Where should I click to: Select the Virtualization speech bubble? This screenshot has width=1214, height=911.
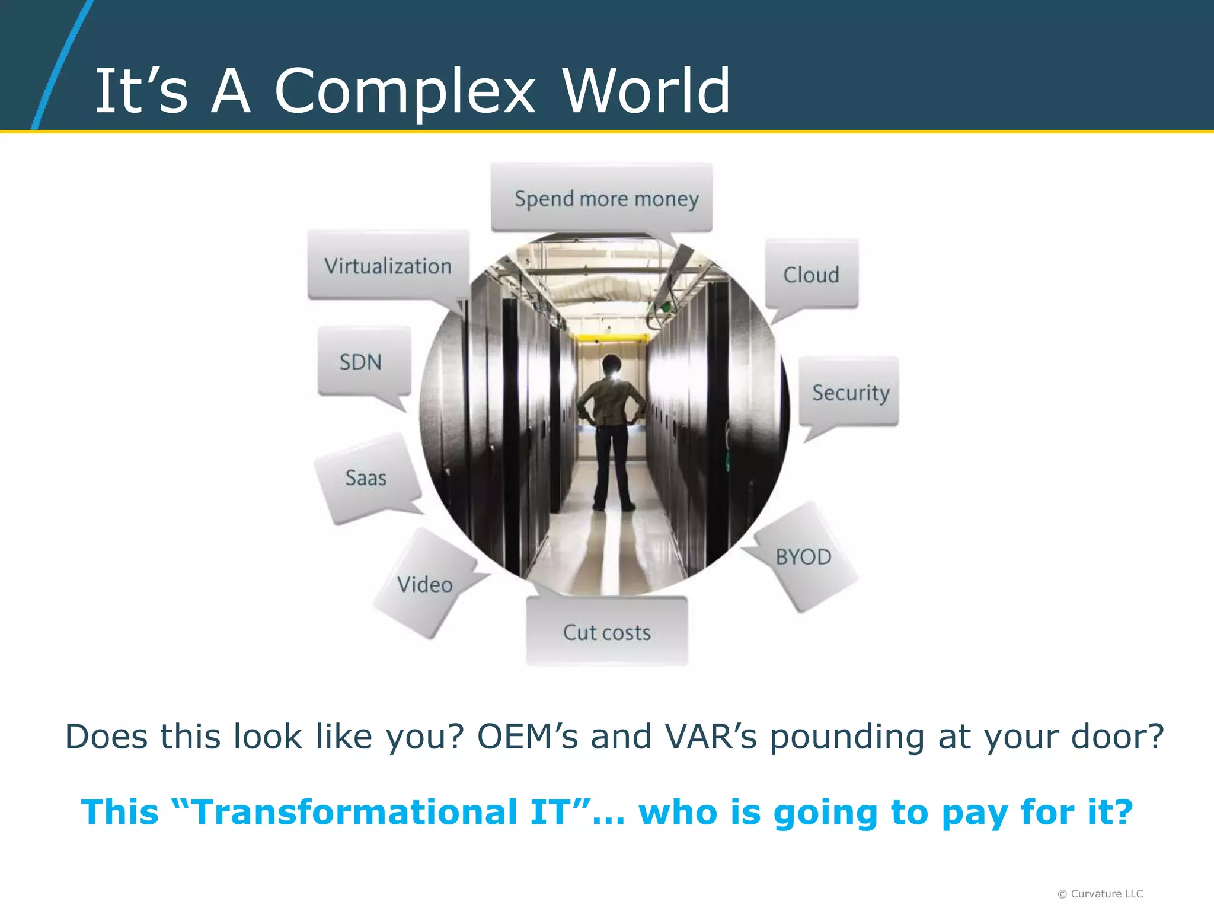pos(388,265)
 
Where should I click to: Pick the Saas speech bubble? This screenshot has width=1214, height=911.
pos(367,478)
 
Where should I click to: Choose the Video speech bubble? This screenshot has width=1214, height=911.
pos(425,585)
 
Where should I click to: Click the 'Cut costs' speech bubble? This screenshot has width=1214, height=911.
pos(606,632)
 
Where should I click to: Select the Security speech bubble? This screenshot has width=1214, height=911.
pos(849,392)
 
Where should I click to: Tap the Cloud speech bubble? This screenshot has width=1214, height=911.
pos(811,275)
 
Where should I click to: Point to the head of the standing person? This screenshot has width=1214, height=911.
pos(611,364)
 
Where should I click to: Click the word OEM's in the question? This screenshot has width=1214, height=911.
pos(527,737)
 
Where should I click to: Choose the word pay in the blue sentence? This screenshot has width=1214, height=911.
pos(975,813)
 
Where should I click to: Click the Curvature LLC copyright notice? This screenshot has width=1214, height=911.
pos(1100,894)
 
